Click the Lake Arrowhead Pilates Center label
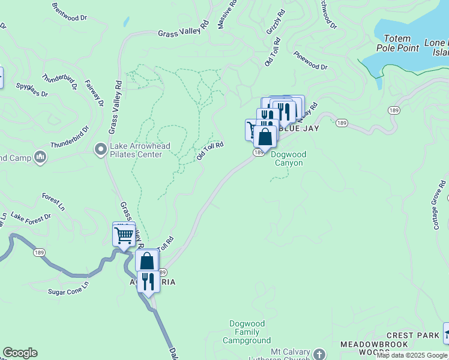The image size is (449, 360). coord(136,150)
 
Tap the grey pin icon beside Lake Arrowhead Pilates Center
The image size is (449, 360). coord(101,147)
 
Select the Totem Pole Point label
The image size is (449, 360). coord(397,43)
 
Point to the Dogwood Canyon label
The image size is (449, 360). coord(288,158)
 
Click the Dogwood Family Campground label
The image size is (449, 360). coord(247,332)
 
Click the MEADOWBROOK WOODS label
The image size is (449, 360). coord(374,348)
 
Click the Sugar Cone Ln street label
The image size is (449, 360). coord(68,287)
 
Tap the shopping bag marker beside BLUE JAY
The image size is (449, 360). coord(265,137)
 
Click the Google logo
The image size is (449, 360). coord(19,353)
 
